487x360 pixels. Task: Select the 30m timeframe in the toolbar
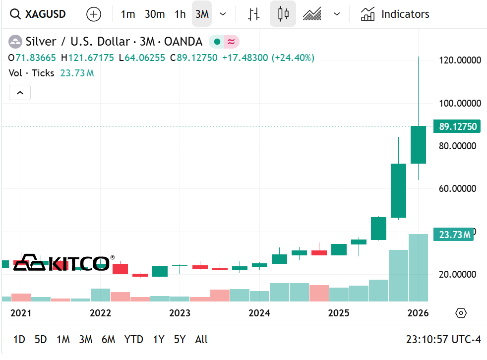click(x=155, y=14)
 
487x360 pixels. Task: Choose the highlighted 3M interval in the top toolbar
click(x=202, y=14)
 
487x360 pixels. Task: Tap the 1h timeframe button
click(x=180, y=14)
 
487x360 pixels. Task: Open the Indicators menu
click(x=395, y=14)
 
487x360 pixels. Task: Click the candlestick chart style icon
click(x=283, y=14)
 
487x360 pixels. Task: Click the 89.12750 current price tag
click(x=458, y=126)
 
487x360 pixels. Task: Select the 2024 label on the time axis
click(x=259, y=313)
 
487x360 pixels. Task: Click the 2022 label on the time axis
click(x=100, y=313)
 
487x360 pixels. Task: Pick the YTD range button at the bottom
click(x=133, y=340)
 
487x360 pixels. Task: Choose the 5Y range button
click(x=180, y=340)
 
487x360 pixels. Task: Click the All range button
click(x=201, y=340)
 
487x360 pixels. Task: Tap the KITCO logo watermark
click(x=62, y=263)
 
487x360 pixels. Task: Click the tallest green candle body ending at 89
click(x=418, y=145)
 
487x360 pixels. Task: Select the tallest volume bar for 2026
click(x=418, y=268)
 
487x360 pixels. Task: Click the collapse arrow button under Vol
click(x=20, y=92)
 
